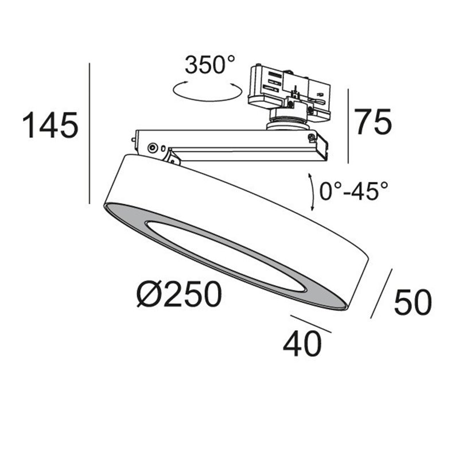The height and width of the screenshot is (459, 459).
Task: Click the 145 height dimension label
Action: tap(50, 125)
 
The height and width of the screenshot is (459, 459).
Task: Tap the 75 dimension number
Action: tap(373, 122)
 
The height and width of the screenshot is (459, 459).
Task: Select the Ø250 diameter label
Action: tap(179, 294)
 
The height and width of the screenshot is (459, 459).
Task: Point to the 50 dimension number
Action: tap(413, 302)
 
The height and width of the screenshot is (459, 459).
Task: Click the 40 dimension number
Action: tap(302, 344)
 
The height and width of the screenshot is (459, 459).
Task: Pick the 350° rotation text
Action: tap(210, 65)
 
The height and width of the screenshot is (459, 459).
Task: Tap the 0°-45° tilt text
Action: tap(353, 191)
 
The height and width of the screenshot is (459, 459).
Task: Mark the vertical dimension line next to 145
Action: tap(90, 133)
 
